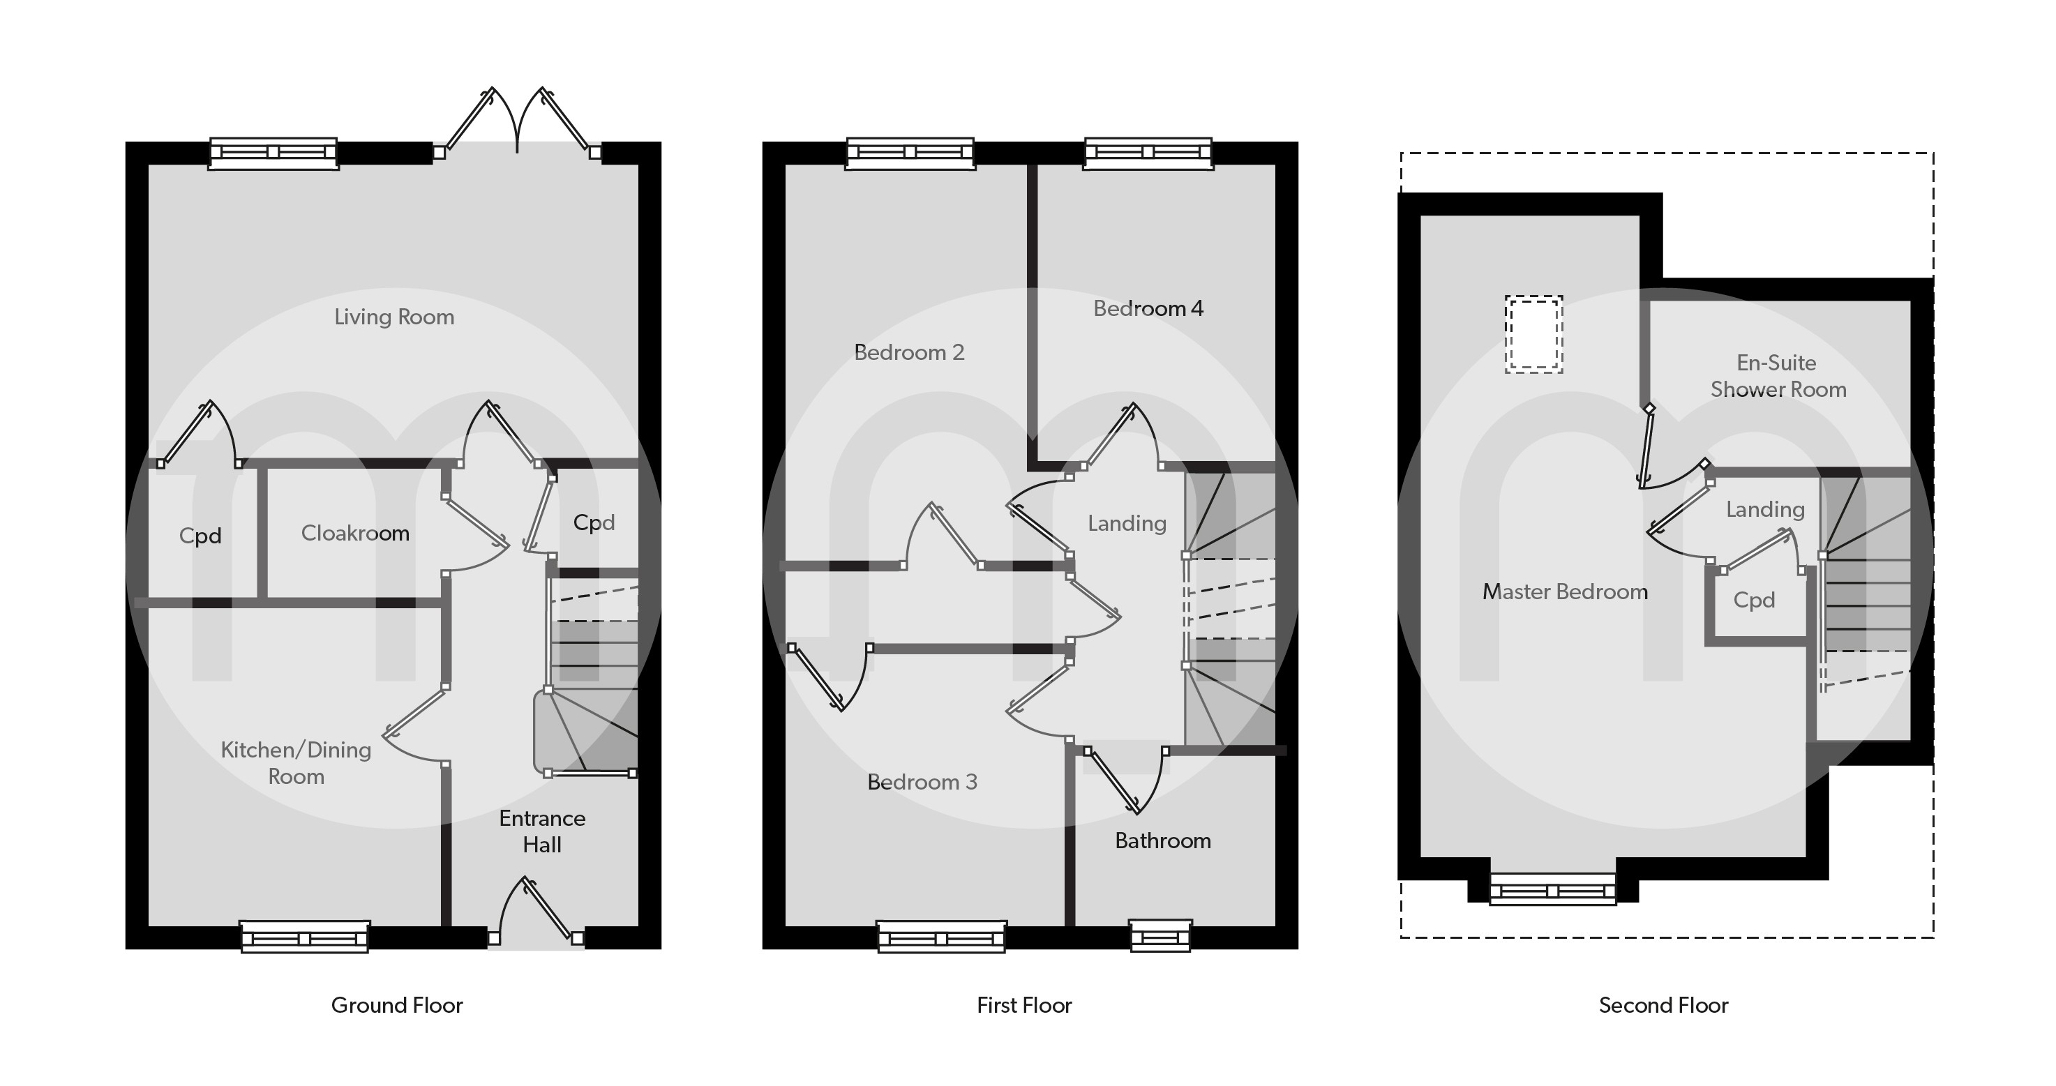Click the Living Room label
pyautogui.click(x=394, y=317)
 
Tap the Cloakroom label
pyautogui.click(x=355, y=533)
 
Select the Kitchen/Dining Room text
pyautogui.click(x=296, y=763)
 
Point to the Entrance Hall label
pyautogui.click(x=542, y=831)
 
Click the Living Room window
pyautogui.click(x=273, y=153)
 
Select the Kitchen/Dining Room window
pyautogui.click(x=304, y=937)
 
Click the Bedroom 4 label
pyautogui.click(x=1148, y=308)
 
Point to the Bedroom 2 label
pyautogui.click(x=909, y=352)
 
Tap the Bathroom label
pyautogui.click(x=1163, y=840)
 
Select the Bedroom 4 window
pyautogui.click(x=1148, y=153)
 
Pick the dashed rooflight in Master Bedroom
pyautogui.click(x=1533, y=334)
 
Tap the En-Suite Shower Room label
pyautogui.click(x=1778, y=376)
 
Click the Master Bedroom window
pyautogui.click(x=1553, y=889)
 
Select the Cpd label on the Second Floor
pyautogui.click(x=1753, y=600)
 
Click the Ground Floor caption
pyautogui.click(x=397, y=1004)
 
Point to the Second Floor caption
pyautogui.click(x=1663, y=1004)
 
